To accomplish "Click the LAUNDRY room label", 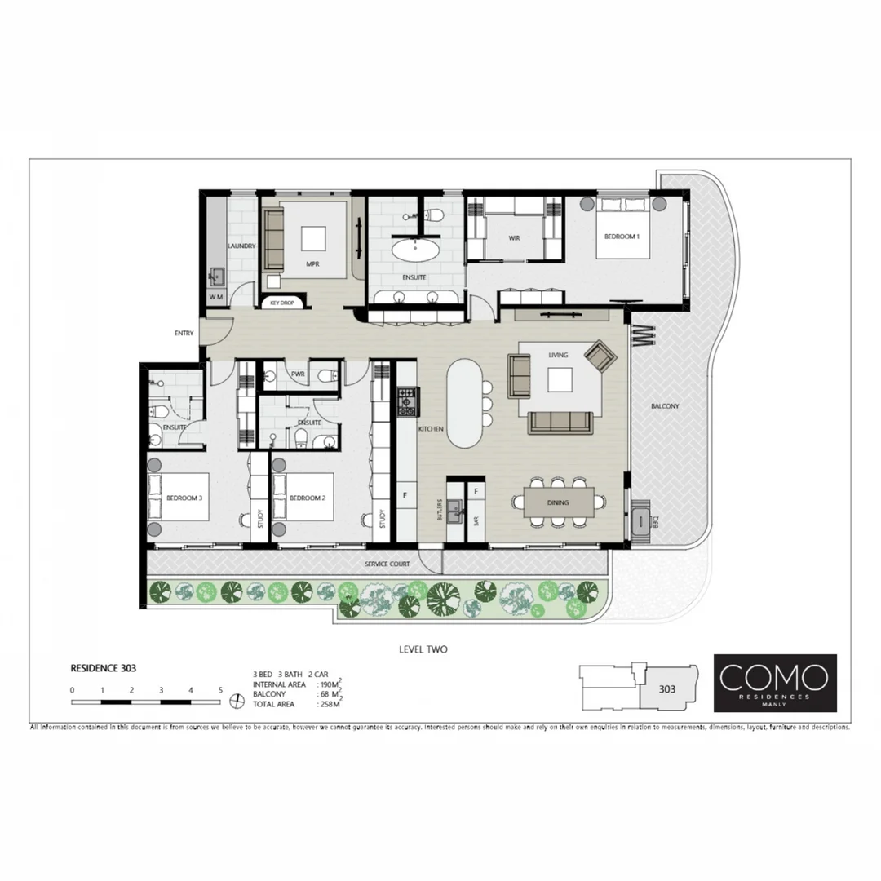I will tap(241, 246).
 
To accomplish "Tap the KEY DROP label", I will tap(281, 303).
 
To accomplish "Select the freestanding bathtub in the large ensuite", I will tap(415, 248).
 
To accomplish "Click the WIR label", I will tap(514, 238).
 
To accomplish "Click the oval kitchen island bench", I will tap(464, 403).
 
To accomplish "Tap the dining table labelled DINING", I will tap(559, 503).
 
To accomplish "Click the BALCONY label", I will tap(665, 405).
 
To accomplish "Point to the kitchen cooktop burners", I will tap(406, 401).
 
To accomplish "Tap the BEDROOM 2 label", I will tap(308, 497).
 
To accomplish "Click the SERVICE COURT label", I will tap(387, 564).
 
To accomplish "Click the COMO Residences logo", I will tap(774, 682).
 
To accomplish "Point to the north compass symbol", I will tap(237, 699).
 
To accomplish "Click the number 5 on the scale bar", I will tap(220, 690).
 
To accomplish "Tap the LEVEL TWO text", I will tap(423, 649).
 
